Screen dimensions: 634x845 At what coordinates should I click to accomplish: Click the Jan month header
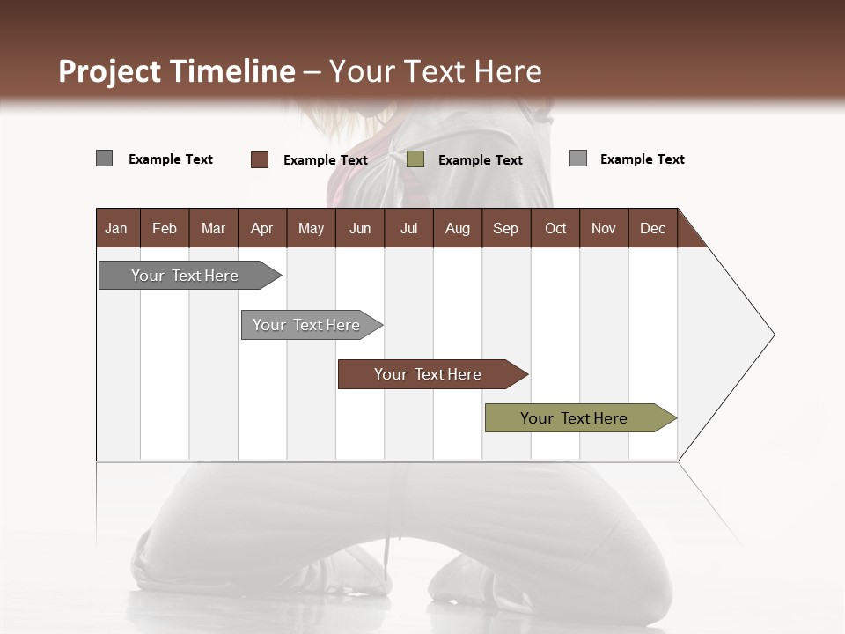tap(116, 228)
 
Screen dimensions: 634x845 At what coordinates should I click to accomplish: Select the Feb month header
tap(165, 228)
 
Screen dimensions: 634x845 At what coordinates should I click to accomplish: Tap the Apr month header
tap(261, 228)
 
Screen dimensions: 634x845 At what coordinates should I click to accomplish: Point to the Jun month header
tap(360, 228)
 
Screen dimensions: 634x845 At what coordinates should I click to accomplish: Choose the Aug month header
tap(457, 228)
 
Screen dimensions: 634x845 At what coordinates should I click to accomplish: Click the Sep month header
tap(505, 228)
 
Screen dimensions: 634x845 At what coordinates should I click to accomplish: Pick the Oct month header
tap(555, 228)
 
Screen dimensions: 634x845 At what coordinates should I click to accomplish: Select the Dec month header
tap(652, 228)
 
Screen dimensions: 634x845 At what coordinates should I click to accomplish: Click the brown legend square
tap(260, 159)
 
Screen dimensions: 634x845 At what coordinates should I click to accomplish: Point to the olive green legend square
tap(415, 159)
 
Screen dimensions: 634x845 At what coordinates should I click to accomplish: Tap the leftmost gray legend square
tap(105, 158)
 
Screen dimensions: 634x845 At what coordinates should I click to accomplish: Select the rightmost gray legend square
tap(578, 158)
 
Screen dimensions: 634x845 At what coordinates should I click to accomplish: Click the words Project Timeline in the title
tap(177, 71)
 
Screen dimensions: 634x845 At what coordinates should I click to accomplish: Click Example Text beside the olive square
tap(480, 160)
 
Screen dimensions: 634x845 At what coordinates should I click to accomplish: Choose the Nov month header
tap(604, 228)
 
